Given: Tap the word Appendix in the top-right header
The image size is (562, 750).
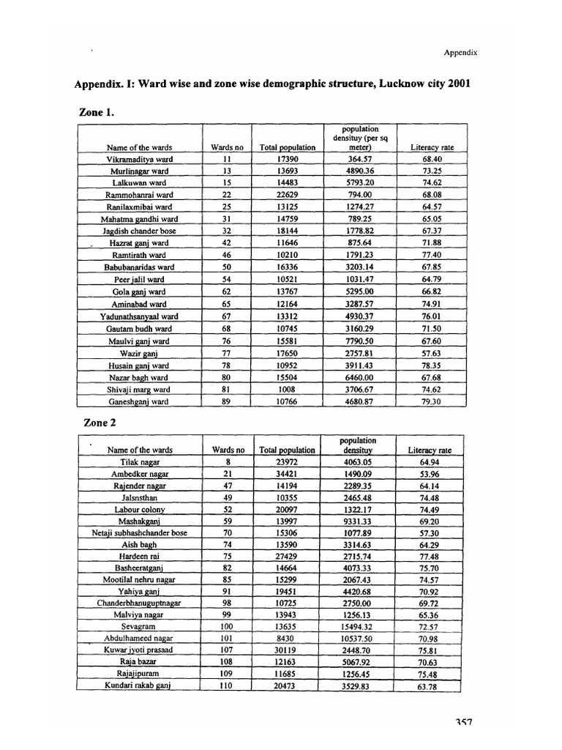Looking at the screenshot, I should pos(460,52).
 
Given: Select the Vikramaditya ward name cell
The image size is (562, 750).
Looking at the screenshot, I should pos(139,159).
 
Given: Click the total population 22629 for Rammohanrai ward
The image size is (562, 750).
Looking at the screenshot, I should pos(287,195).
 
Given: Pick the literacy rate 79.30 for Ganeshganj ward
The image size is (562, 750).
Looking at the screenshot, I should pos(432,401).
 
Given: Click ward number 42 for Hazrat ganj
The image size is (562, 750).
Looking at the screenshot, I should pos(227,243).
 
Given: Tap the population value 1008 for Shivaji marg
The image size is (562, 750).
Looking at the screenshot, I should pos(287,389).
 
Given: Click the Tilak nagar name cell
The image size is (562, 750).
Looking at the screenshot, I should pos(139,463).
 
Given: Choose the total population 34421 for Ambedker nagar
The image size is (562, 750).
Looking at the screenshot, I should pos(287,475).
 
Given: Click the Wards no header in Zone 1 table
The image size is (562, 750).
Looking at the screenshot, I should pos(227,147).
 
